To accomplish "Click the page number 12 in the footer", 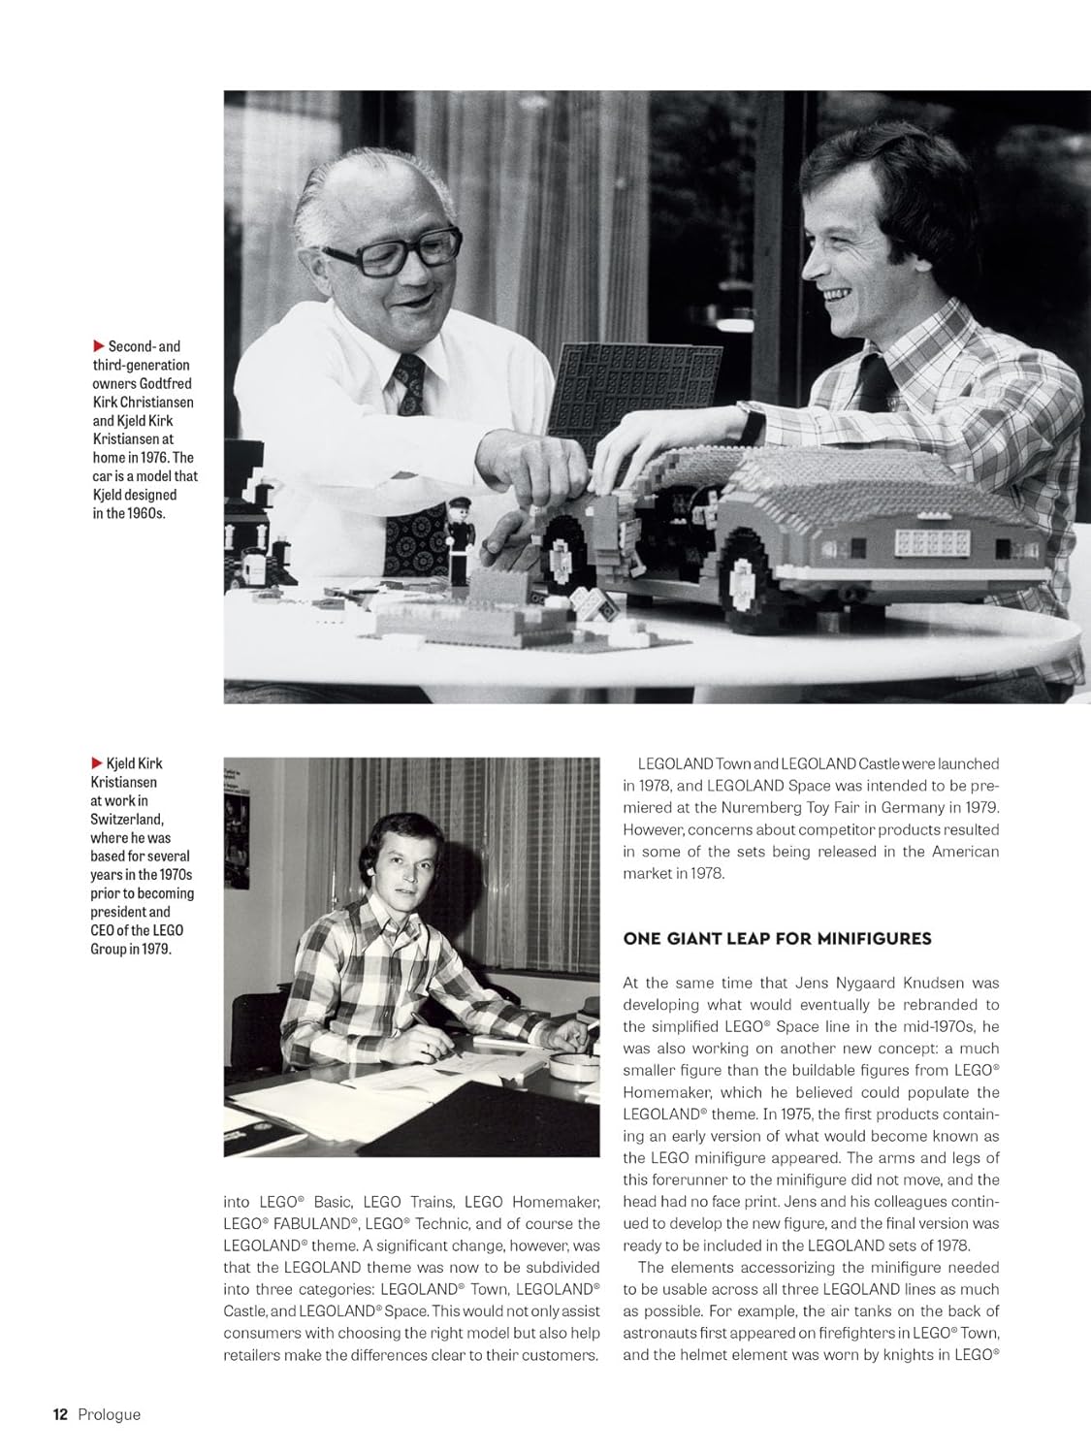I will (60, 1414).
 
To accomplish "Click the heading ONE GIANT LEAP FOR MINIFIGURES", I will (777, 938).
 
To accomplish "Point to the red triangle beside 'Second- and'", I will (98, 346).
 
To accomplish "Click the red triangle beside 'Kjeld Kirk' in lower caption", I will (98, 763).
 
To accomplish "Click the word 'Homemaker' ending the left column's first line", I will (556, 1202).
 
